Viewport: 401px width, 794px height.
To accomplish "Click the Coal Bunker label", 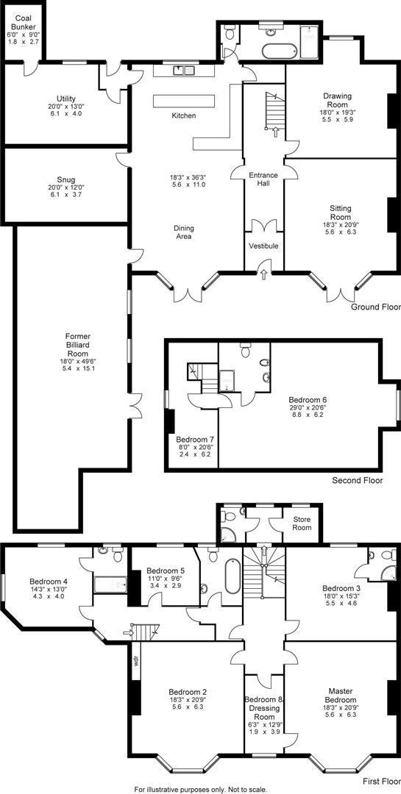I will pyautogui.click(x=21, y=21).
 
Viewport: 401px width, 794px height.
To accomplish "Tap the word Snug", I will pyautogui.click(x=66, y=179).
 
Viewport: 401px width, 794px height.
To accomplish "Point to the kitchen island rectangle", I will pyautogui.click(x=183, y=101).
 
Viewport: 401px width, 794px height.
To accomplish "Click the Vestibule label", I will pyautogui.click(x=263, y=246).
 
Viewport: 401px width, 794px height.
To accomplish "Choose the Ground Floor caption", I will pyautogui.click(x=374, y=307).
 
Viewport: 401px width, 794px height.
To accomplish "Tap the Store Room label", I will pyautogui.click(x=302, y=523).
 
